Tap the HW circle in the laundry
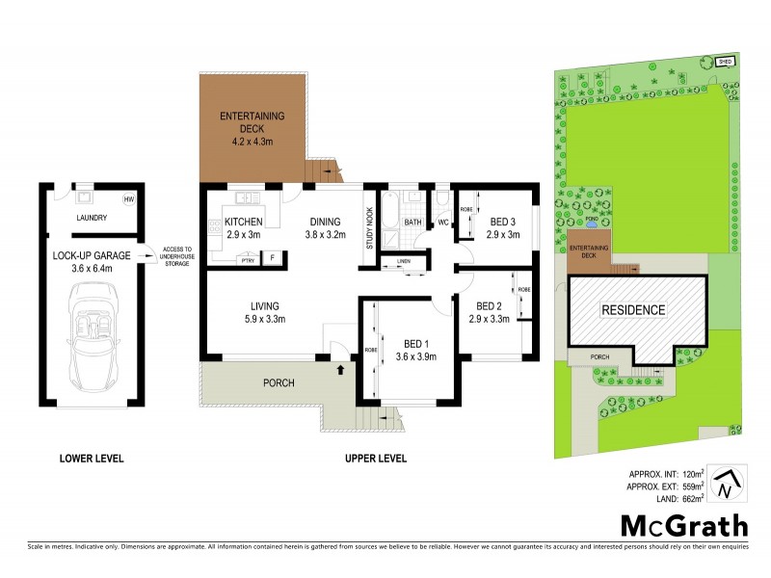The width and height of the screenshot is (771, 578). pyautogui.click(x=128, y=199)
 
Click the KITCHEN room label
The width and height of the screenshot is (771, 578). pyautogui.click(x=244, y=222)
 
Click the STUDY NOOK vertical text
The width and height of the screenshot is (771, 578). pyautogui.click(x=368, y=228)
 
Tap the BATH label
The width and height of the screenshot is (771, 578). pyautogui.click(x=412, y=223)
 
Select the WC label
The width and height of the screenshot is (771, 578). pyautogui.click(x=444, y=223)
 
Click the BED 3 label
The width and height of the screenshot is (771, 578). pyautogui.click(x=502, y=221)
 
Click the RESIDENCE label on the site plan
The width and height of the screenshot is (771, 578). pyautogui.click(x=633, y=310)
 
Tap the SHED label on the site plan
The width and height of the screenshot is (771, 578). pyautogui.click(x=725, y=61)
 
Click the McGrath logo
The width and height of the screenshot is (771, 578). pyautogui.click(x=682, y=526)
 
